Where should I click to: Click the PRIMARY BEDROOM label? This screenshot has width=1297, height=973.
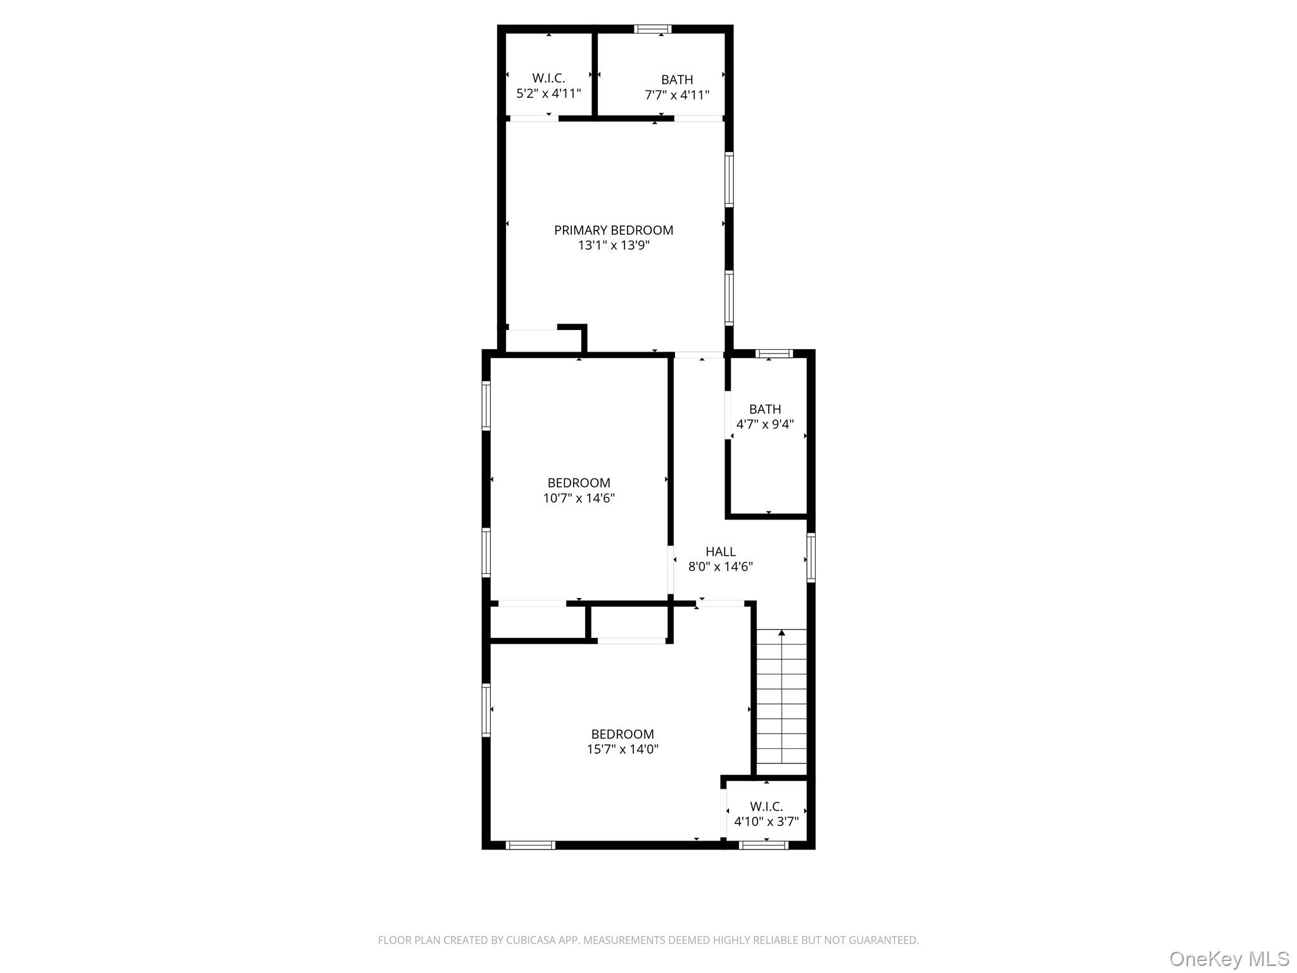[x=613, y=231]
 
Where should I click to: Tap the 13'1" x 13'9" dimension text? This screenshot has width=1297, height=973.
[x=613, y=246]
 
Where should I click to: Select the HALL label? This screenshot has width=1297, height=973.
[x=720, y=552]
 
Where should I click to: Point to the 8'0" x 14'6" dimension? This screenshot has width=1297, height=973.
[x=720, y=567]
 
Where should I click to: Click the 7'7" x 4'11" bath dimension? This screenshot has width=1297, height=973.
[x=676, y=96]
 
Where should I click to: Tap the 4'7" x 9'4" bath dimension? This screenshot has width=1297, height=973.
[x=764, y=424]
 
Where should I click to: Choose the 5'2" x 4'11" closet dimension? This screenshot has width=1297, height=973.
[x=548, y=94]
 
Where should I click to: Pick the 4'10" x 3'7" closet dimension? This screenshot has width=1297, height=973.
[x=766, y=822]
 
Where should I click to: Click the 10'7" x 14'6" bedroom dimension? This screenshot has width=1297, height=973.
[x=578, y=499]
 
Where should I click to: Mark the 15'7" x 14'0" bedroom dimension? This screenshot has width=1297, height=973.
[x=622, y=749]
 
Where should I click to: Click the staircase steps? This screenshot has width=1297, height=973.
[x=781, y=703]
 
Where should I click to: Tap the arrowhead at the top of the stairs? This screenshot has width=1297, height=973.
[x=781, y=632]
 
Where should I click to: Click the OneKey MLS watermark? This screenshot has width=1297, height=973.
[x=1229, y=958]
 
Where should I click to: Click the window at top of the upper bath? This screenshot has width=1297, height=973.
[x=652, y=29]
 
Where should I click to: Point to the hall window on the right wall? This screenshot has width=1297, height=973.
[x=811, y=557]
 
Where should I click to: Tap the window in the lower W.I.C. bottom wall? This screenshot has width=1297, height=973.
[x=764, y=845]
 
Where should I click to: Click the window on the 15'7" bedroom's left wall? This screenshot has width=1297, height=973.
[x=486, y=709]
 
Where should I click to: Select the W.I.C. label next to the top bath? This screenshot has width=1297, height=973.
[x=548, y=79]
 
